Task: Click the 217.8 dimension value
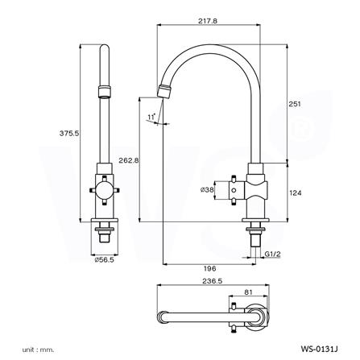point(208,21)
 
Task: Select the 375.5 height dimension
point(69,133)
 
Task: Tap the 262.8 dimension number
point(129,160)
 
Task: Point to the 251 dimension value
point(295,104)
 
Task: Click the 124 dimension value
point(296,192)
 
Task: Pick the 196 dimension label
point(210,268)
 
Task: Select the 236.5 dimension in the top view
point(213,281)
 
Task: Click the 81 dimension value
point(249,292)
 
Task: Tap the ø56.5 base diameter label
point(104,259)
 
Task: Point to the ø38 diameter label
point(207,190)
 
